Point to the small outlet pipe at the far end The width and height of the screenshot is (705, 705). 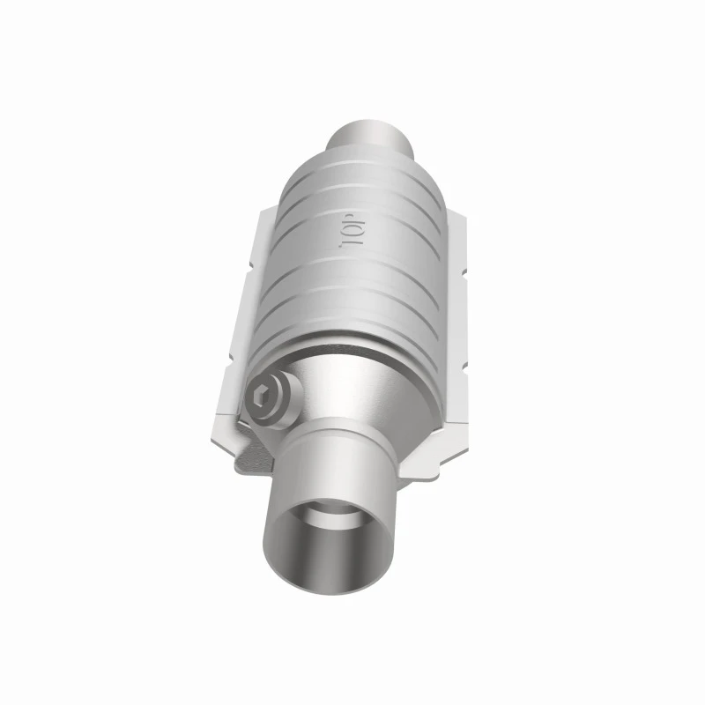point(368,137)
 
